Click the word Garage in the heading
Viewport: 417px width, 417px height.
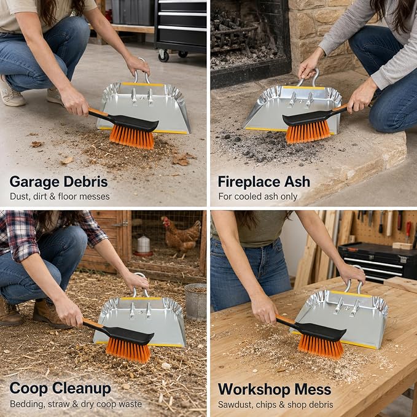point(34,183)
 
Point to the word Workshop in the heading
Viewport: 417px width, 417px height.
point(254,389)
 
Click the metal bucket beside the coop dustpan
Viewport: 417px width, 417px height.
point(195,302)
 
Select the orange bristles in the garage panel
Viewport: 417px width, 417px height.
point(132,138)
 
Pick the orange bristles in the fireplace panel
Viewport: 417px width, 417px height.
point(308,131)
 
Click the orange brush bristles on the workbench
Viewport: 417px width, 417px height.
point(321,346)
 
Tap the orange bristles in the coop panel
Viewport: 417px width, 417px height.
point(128,351)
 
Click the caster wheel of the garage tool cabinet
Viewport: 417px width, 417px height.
point(163,56)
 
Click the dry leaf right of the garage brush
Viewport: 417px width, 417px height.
point(182,159)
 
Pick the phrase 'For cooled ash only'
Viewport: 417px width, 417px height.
point(258,197)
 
